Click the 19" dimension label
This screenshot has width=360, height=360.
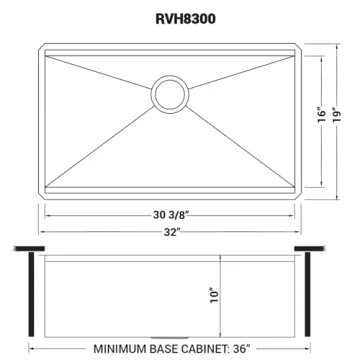click(341, 118)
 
